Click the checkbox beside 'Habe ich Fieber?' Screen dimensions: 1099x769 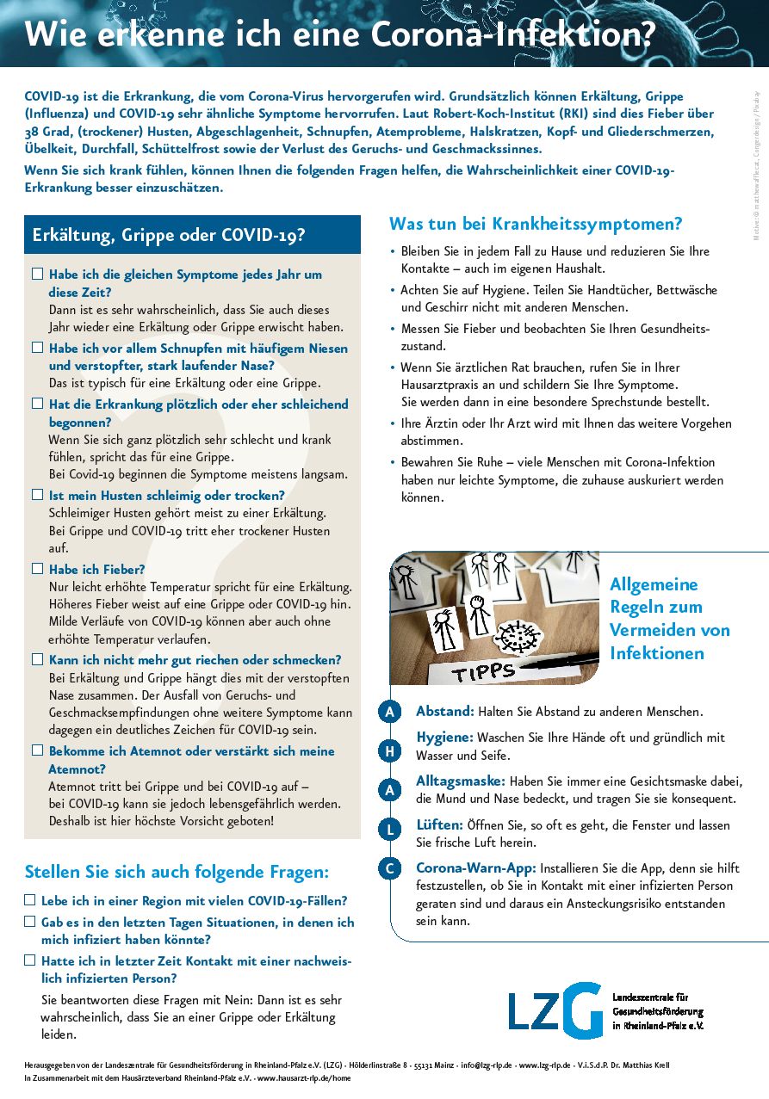37,569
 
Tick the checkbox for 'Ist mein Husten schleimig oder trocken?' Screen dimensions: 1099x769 37,495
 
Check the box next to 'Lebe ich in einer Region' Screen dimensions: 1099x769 30,900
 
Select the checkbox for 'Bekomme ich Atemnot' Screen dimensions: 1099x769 37,750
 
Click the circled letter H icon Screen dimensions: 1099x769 389,750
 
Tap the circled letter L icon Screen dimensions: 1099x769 389,830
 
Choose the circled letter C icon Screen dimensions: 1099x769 389,868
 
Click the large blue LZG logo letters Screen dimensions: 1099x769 555,1012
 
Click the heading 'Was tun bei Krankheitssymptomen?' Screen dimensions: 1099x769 536,225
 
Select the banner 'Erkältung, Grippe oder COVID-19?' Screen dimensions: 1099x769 192,235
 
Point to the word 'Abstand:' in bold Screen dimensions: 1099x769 445,712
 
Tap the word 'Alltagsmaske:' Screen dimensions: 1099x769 461,781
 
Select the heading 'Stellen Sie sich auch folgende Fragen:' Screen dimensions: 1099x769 177,872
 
